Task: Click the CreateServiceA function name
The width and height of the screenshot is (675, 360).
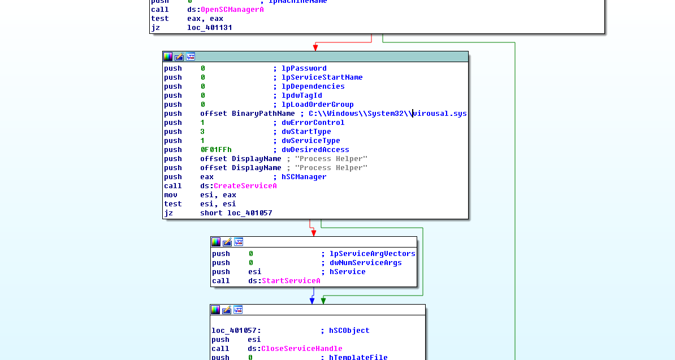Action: (245, 186)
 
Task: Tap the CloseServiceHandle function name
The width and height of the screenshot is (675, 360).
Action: (301, 349)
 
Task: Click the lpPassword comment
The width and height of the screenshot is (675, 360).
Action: (304, 68)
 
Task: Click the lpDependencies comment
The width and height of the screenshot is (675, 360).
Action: (313, 86)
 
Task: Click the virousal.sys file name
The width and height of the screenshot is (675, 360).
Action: (440, 114)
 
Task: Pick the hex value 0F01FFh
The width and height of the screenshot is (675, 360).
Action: (216, 150)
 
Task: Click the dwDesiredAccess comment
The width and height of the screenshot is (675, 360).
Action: (315, 150)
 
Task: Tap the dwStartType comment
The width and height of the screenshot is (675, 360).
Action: (306, 132)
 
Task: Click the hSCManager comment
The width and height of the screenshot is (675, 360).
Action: (304, 177)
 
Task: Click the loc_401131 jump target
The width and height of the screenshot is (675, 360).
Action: (210, 28)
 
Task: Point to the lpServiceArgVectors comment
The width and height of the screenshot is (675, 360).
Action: (373, 254)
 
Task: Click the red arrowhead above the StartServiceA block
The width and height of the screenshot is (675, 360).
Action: (314, 232)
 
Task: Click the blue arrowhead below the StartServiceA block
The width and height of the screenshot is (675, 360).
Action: (313, 301)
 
